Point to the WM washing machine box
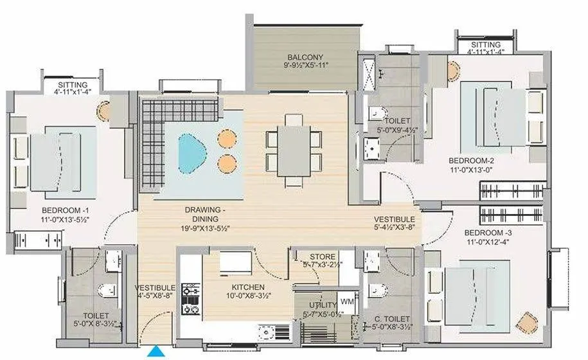347,301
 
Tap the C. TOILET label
392,318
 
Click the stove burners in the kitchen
190,300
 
